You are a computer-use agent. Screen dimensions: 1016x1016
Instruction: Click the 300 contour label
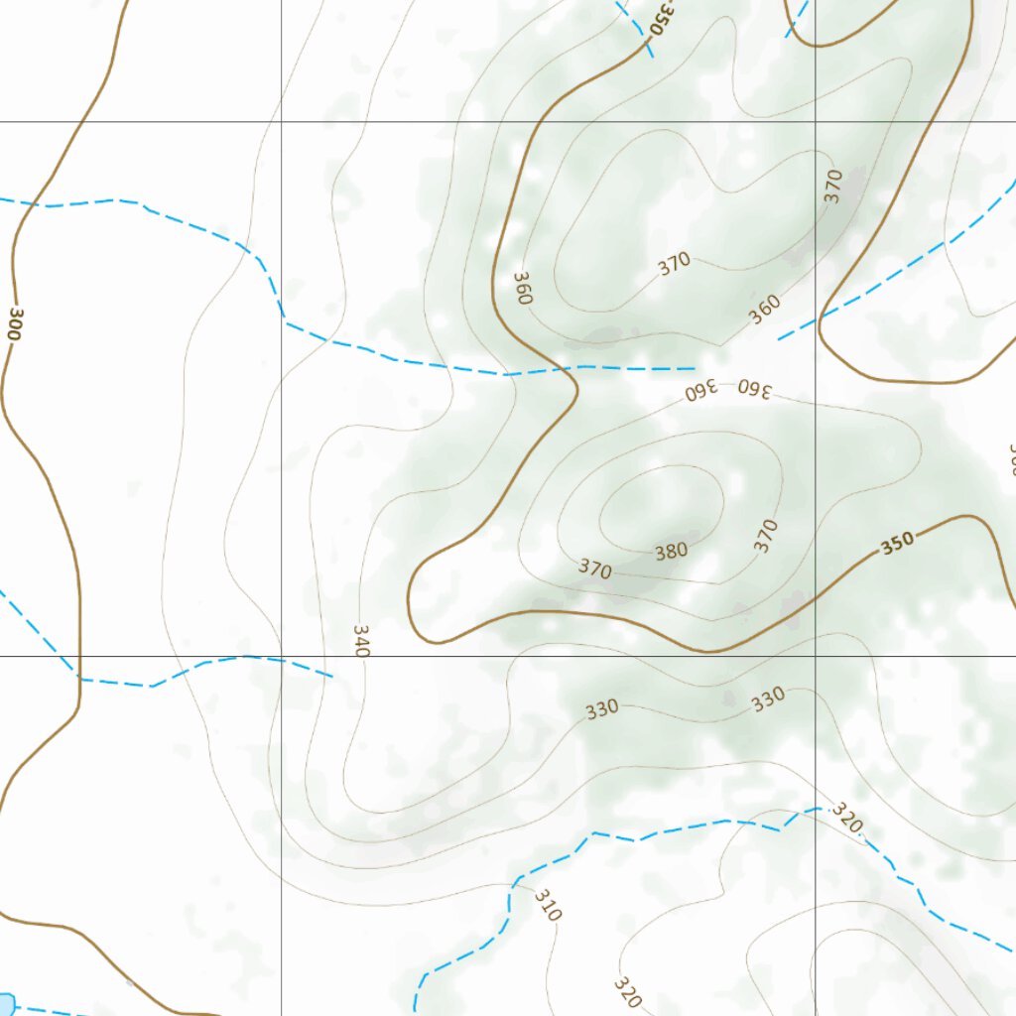(x=14, y=323)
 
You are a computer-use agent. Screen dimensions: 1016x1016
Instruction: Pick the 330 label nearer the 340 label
(x=601, y=708)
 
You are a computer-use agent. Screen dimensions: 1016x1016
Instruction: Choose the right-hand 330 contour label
(x=767, y=699)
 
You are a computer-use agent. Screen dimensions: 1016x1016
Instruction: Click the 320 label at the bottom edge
(x=627, y=991)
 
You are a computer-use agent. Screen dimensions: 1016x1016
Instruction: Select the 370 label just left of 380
(x=595, y=570)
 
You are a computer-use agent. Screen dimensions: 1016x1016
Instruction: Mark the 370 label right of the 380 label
(x=765, y=535)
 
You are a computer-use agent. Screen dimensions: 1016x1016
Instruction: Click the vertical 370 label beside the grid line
(x=833, y=186)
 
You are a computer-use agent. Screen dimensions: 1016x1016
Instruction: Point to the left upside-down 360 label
(x=700, y=391)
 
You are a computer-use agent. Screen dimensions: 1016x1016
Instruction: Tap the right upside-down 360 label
(x=754, y=387)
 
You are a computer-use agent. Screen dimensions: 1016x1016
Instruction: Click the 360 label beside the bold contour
(x=523, y=288)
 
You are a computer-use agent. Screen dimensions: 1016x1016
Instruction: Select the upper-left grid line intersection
(x=282, y=122)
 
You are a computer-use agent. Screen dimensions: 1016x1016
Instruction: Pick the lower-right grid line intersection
(x=815, y=656)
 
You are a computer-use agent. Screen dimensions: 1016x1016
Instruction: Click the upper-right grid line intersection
(x=815, y=122)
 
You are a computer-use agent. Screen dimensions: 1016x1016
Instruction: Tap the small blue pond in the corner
(x=6, y=1004)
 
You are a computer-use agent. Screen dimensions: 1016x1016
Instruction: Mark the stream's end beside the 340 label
(x=331, y=676)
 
